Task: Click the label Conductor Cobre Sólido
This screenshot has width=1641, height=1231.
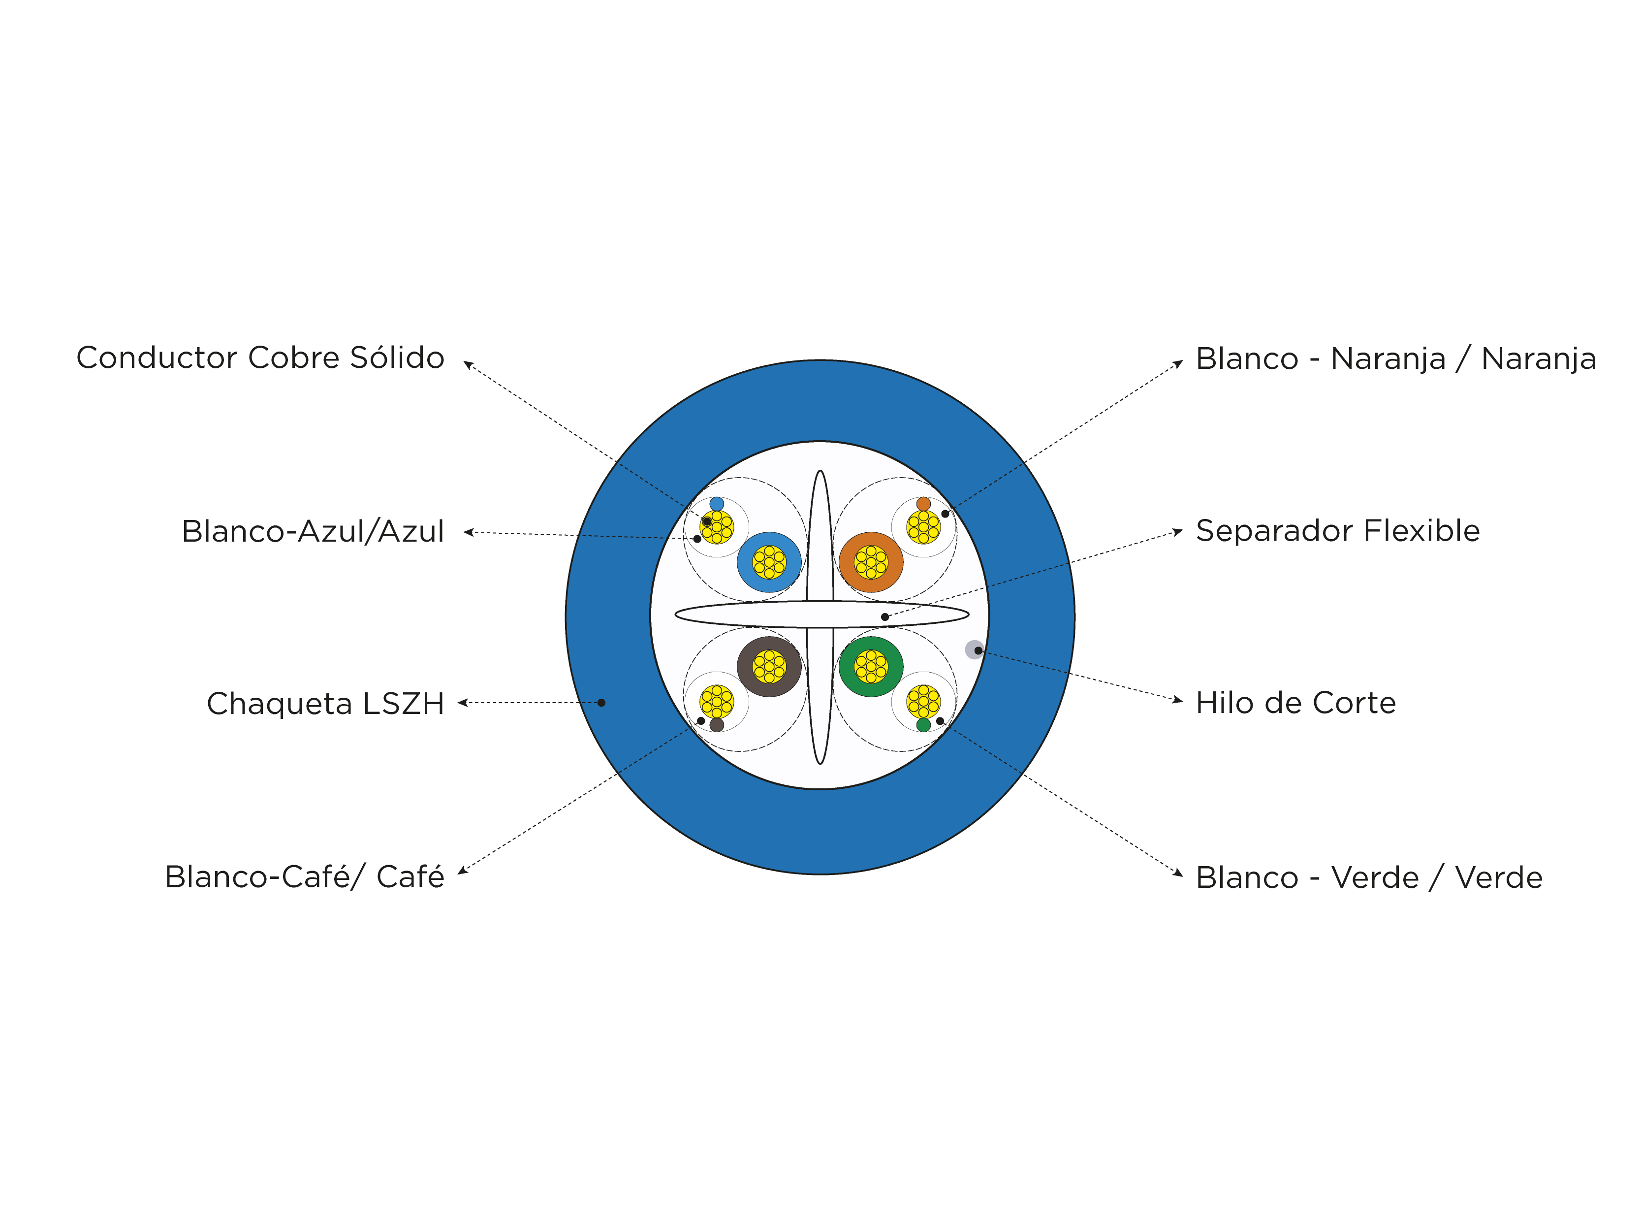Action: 260,357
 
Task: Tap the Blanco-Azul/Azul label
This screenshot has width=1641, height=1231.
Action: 313,531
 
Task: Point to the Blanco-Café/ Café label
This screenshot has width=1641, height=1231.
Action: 304,876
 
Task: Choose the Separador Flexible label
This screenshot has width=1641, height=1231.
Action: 1338,530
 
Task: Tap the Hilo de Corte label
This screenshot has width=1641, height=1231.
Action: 1296,703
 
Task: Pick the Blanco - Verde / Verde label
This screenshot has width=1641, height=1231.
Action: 1369,877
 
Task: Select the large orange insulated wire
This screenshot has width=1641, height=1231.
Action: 871,562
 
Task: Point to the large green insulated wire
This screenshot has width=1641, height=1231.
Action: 871,666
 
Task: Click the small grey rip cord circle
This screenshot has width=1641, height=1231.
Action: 974,649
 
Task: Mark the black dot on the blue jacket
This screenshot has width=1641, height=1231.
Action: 601,703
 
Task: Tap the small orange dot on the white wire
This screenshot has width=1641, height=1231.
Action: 924,504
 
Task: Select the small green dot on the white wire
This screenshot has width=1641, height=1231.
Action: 924,725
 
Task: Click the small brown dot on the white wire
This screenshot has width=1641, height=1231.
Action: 717,725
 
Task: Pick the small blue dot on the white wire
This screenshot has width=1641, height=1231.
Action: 717,504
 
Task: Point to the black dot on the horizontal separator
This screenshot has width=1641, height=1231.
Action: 885,616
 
